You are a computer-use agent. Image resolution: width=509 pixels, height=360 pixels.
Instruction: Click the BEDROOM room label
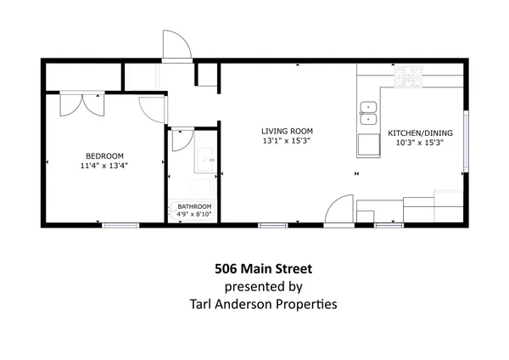click(105, 155)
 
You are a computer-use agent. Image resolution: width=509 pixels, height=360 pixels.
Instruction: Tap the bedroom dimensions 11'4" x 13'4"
click(105, 166)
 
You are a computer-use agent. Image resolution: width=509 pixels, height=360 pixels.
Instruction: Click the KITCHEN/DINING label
click(421, 133)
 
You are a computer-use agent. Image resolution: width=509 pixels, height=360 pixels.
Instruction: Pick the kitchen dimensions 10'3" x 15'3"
click(421, 143)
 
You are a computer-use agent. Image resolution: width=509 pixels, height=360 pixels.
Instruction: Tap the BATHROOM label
click(194, 207)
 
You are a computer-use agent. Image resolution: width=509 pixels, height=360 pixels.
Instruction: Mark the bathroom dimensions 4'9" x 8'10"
click(194, 216)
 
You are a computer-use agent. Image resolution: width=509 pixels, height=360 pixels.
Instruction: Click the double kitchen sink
click(368, 108)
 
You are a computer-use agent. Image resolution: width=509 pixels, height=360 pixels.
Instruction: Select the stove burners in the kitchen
click(409, 79)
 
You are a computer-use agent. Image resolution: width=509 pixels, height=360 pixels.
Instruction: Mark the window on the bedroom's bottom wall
click(120, 224)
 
